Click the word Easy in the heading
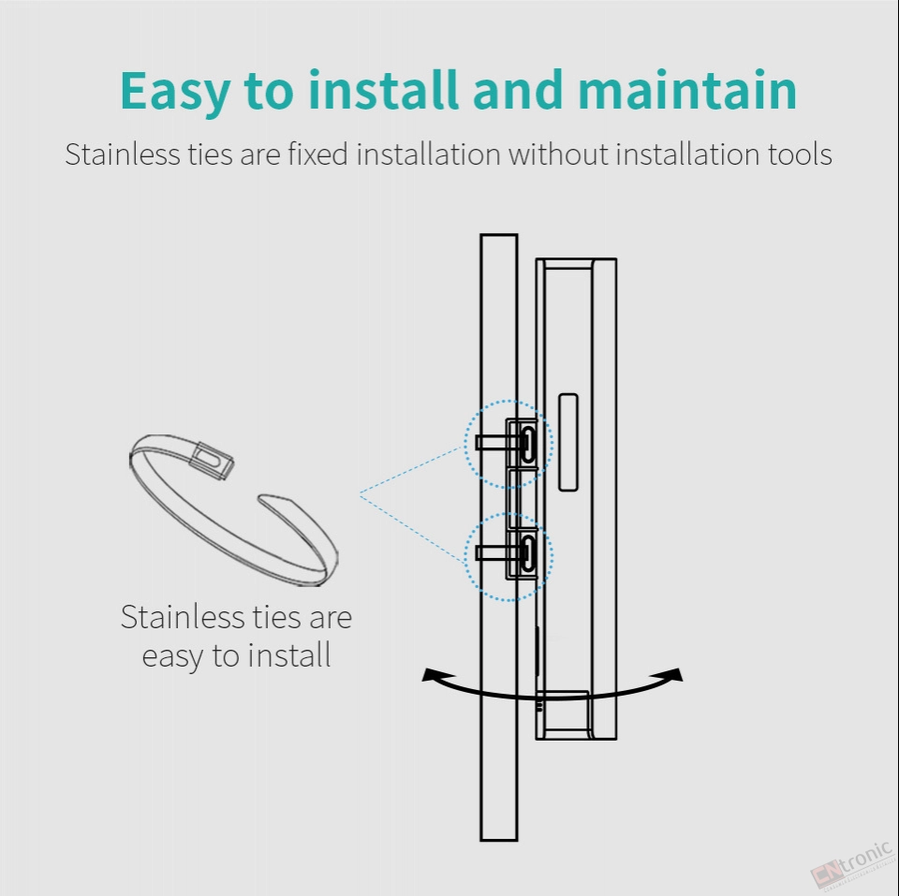pos(175,92)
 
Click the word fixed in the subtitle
pos(317,154)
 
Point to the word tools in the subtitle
pos(801,154)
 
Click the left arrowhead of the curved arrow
pos(431,675)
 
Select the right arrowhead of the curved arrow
pos(674,674)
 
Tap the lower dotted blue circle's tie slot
pos(528,554)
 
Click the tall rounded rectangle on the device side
pos(568,442)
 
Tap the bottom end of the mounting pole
pos(499,840)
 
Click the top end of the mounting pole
pos(499,234)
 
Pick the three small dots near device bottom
pos(539,705)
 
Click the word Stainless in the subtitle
pos(122,154)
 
